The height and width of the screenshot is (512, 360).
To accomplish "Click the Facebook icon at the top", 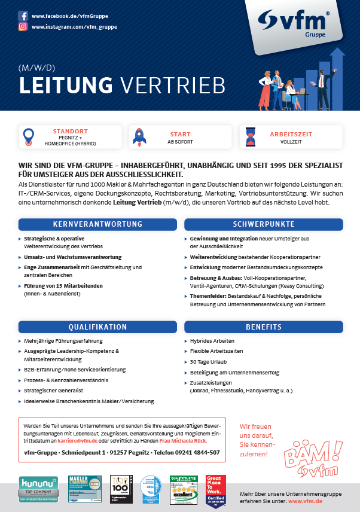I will [x=23, y=16].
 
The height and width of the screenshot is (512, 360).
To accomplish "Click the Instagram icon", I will [x=23, y=27].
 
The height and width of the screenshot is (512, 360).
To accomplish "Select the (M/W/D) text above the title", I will [x=36, y=67].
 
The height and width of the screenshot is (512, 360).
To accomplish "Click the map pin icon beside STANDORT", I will [x=28, y=136].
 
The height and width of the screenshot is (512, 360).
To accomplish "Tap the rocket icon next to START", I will [x=139, y=136].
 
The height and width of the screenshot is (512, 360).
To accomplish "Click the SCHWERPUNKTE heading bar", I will [x=263, y=224].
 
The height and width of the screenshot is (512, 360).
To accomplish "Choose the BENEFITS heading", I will [x=263, y=327].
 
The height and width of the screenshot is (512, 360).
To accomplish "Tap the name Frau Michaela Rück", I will [x=182, y=440].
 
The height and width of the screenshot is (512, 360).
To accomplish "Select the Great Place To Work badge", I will [x=215, y=490].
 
